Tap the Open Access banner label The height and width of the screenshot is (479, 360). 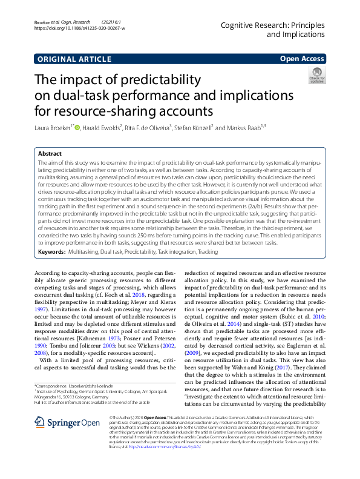point(303,59)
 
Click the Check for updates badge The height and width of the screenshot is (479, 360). point(334,77)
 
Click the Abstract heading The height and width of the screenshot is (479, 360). point(50,154)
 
